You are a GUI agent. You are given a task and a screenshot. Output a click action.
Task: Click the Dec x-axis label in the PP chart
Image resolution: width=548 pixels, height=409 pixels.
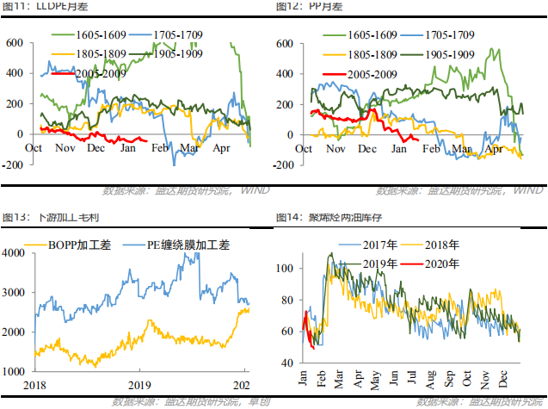tap(367, 147)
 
